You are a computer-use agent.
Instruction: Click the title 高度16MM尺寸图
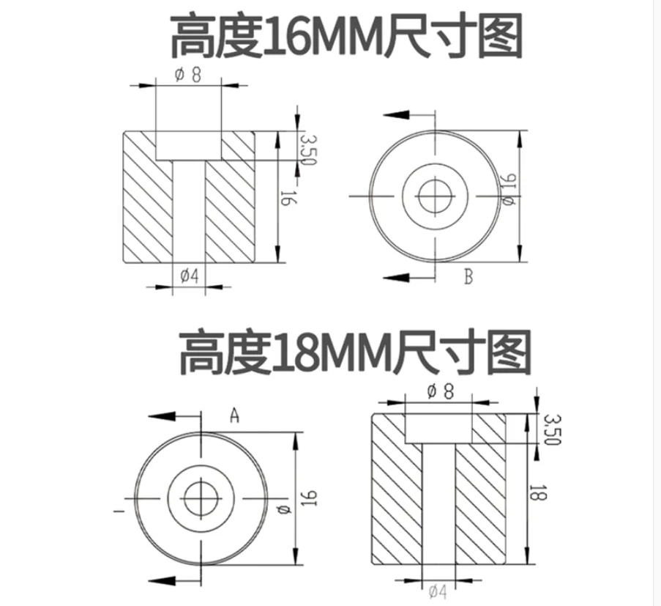pyautogui.click(x=346, y=36)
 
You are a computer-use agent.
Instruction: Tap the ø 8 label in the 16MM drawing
pyautogui.click(x=188, y=75)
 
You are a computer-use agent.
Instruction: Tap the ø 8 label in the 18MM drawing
pyautogui.click(x=440, y=392)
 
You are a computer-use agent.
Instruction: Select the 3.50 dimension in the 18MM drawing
pyautogui.click(x=552, y=429)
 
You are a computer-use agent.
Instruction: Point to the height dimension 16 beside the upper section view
pyautogui.click(x=288, y=198)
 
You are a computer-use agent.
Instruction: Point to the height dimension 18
pyautogui.click(x=537, y=492)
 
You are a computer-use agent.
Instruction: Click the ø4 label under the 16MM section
pyautogui.click(x=190, y=276)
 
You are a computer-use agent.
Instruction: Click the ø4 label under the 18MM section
pyautogui.click(x=438, y=592)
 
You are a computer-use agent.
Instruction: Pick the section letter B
pyautogui.click(x=468, y=277)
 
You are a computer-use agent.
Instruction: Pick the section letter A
pyautogui.click(x=234, y=415)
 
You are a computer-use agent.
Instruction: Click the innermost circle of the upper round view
pyautogui.click(x=436, y=180)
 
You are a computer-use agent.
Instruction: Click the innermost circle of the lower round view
pyautogui.click(x=201, y=481)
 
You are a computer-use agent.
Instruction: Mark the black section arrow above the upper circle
pyautogui.click(x=396, y=115)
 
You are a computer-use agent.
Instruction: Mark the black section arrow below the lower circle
pyautogui.click(x=162, y=580)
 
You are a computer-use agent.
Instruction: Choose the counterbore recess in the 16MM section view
pyautogui.click(x=188, y=146)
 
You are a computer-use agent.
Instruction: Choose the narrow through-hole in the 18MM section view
pyautogui.click(x=438, y=504)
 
